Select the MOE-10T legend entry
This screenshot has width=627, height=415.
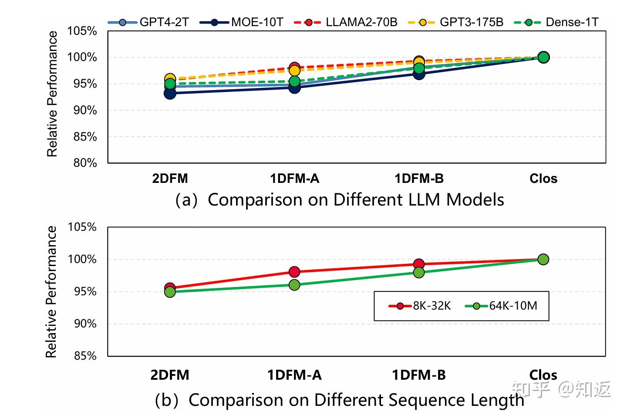pyautogui.click(x=242, y=22)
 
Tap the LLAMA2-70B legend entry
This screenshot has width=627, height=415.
pyautogui.click(x=346, y=22)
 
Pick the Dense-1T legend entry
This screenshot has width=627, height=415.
pyautogui.click(x=557, y=22)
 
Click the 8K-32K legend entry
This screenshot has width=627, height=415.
pyautogui.click(x=420, y=306)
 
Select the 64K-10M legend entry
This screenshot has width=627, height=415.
pyautogui.click(x=501, y=306)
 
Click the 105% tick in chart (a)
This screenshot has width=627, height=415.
pyautogui.click(x=82, y=31)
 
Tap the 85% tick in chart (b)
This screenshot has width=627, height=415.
pyautogui.click(x=85, y=356)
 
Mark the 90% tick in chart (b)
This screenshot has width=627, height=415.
pyautogui.click(x=85, y=324)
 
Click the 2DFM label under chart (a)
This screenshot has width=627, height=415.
pyautogui.click(x=170, y=179)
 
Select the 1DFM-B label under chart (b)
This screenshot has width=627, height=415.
pyautogui.click(x=419, y=375)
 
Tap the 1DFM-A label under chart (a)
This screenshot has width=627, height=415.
pyautogui.click(x=294, y=179)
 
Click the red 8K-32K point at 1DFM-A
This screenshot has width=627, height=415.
pyautogui.click(x=294, y=272)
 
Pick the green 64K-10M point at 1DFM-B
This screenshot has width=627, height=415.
pyautogui.click(x=419, y=273)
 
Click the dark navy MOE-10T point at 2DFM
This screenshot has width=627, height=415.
pyautogui.click(x=170, y=93)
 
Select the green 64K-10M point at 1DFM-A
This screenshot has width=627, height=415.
pyautogui.click(x=294, y=285)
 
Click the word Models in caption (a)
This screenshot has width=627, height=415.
pyautogui.click(x=475, y=200)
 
